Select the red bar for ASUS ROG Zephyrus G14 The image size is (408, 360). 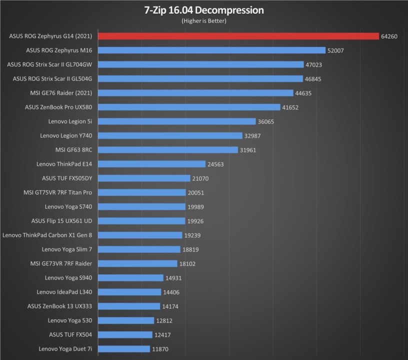(x=238, y=36)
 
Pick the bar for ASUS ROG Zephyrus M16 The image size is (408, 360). (x=212, y=50)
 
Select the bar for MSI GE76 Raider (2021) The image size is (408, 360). (x=195, y=93)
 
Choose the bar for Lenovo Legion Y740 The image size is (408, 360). (x=170, y=135)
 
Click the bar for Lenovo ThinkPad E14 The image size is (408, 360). (x=152, y=164)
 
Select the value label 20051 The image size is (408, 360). (x=194, y=192)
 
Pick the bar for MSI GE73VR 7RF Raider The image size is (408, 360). (x=138, y=263)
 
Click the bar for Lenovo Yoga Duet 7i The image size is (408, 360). (x=124, y=349)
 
